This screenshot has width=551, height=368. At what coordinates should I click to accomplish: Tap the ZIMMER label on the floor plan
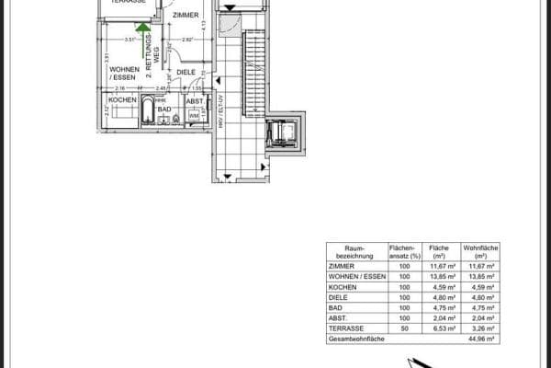pos(186,14)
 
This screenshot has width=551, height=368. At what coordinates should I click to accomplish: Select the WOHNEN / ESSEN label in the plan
pos(125,74)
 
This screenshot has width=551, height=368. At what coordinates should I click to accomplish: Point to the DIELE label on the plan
pos(186,71)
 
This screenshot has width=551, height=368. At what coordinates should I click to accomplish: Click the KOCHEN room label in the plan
pos(122,99)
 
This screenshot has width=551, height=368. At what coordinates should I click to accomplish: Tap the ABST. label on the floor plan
pos(195,101)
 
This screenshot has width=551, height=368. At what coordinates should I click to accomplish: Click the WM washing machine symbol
pos(194,116)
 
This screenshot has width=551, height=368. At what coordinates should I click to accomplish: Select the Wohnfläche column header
pos(479,252)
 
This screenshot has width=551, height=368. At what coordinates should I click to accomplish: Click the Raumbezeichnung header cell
pos(355,252)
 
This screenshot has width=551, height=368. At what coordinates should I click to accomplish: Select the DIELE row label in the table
pos(340,296)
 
